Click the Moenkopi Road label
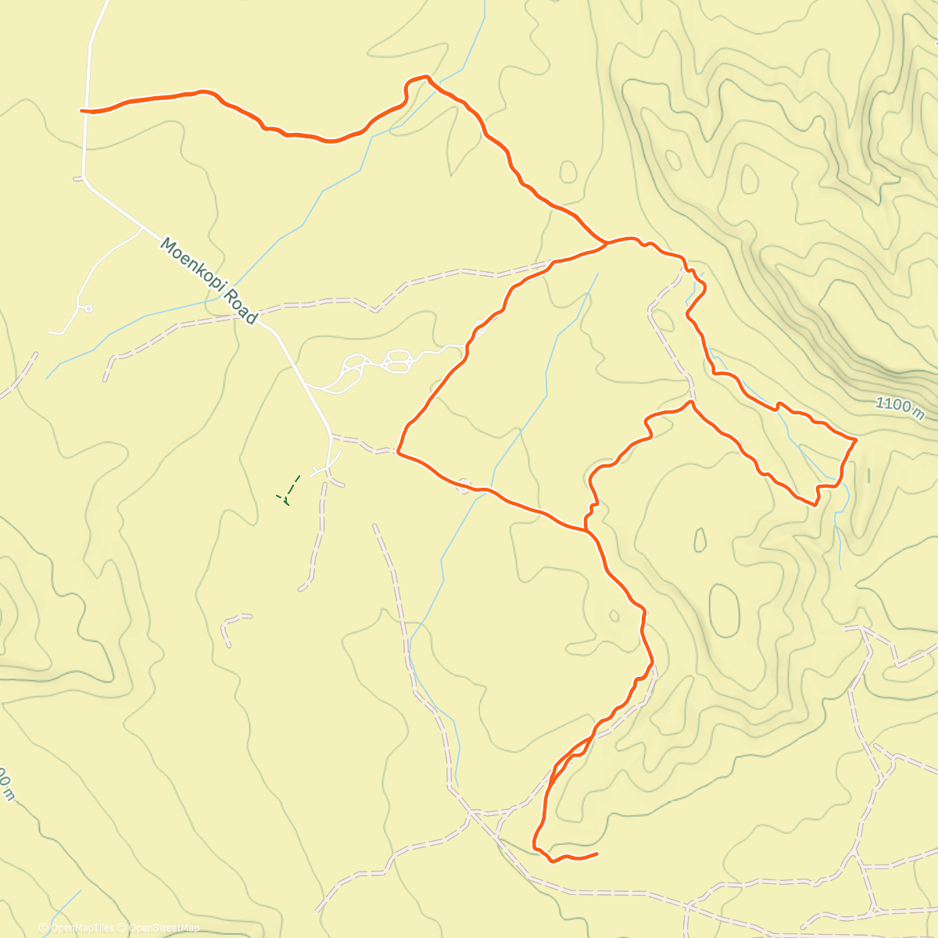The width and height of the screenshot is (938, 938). (208, 281)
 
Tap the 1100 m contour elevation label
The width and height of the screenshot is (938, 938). (899, 407)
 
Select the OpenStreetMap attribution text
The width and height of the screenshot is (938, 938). (163, 928)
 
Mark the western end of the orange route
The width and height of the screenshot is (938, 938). (82, 111)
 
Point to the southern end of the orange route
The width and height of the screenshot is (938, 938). (597, 854)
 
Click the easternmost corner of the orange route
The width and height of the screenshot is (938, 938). (856, 440)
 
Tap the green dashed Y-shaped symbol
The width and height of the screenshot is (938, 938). (287, 490)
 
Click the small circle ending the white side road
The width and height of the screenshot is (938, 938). (88, 309)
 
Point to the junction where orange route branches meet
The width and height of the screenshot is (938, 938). (607, 243)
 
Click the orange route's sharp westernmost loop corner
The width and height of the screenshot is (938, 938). (399, 451)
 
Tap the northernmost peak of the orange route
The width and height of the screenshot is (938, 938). (426, 77)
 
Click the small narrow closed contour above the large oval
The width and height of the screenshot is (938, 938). (700, 539)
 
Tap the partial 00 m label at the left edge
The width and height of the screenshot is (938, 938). (6, 782)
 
